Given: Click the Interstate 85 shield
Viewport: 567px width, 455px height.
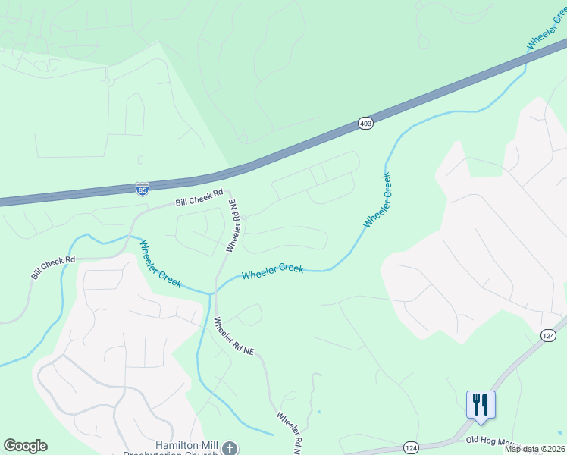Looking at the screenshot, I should [142, 187].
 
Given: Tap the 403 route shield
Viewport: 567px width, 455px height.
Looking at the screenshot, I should [366, 123].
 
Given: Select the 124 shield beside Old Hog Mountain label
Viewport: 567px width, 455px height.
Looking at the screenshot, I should [411, 447].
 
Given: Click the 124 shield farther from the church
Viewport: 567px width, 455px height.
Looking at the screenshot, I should [548, 334].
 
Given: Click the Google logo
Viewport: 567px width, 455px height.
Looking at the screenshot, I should [25, 446].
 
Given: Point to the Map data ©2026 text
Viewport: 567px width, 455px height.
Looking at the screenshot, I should [534, 449].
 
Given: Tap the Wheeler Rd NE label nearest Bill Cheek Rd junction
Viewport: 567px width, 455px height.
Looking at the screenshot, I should [235, 226].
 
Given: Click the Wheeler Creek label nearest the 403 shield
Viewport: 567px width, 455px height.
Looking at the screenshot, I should [377, 201].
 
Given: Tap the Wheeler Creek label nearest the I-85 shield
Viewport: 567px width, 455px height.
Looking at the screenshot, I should [159, 264].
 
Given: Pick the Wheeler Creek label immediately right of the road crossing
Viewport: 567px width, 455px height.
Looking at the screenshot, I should [273, 271].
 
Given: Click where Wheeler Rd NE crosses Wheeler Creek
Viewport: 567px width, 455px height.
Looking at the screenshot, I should [213, 290].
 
